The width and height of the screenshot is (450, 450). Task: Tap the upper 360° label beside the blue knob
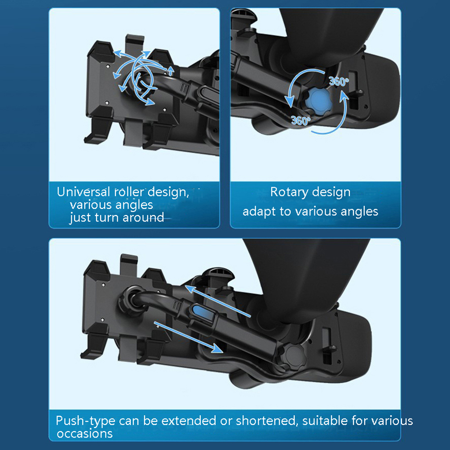(339, 81)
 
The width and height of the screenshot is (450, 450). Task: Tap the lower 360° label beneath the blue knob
(301, 120)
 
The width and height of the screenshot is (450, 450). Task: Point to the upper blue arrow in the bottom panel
(218, 301)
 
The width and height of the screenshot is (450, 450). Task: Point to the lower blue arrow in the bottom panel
(188, 337)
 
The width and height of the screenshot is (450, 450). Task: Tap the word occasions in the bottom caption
(85, 433)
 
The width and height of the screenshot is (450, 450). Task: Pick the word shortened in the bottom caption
(265, 421)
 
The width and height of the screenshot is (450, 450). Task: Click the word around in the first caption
(143, 217)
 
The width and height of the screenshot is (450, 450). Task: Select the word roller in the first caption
(129, 192)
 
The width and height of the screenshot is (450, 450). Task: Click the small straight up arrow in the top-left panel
(171, 71)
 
